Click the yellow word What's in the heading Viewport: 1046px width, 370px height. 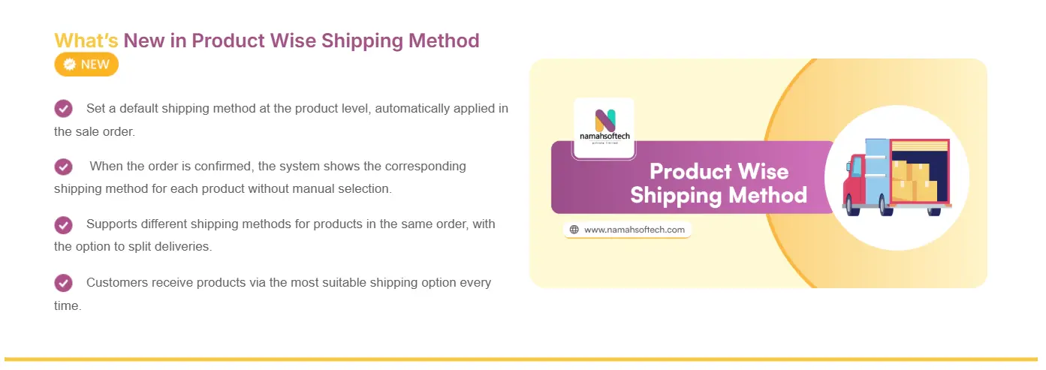point(86,41)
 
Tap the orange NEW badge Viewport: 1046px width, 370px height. point(86,65)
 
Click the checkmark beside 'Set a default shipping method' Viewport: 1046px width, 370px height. point(64,109)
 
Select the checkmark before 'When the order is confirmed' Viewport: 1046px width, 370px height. point(64,167)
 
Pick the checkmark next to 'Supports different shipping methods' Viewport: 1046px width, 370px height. point(64,225)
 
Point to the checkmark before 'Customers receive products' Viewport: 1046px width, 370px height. point(64,283)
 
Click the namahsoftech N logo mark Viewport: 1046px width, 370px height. point(605,120)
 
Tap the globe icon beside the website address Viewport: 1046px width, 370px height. point(574,230)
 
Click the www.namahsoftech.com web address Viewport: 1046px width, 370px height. point(635,230)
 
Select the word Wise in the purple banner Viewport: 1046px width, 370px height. point(763,172)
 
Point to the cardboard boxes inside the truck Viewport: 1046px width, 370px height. point(914,181)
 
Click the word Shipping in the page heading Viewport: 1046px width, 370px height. point(362,41)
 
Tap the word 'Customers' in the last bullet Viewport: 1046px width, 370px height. point(117,283)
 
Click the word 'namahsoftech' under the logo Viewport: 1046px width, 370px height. point(604,137)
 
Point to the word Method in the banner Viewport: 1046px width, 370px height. point(767,195)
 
